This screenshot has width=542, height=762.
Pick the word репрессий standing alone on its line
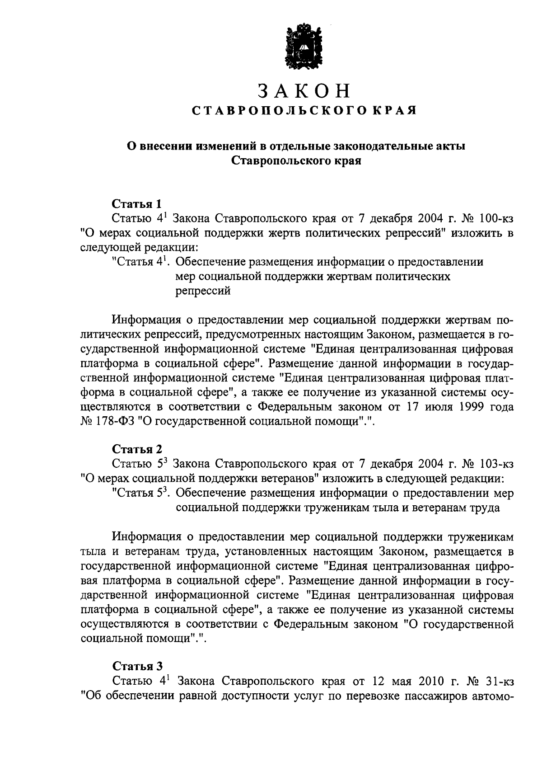tap(203, 292)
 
